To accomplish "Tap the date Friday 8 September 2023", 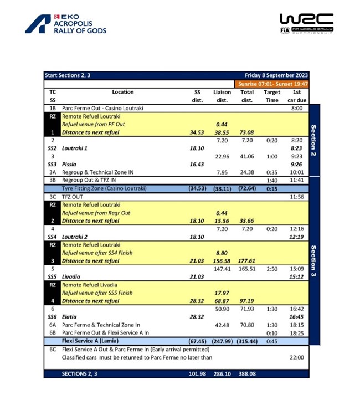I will (276, 75).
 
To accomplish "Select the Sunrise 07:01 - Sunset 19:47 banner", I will (271, 84).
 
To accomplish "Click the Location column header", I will (122, 92).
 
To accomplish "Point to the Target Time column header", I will (272, 96).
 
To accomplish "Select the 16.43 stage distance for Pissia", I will (197, 165).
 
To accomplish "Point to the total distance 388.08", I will (246, 375).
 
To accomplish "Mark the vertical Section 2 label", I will (313, 141).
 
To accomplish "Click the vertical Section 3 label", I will (313, 260).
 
